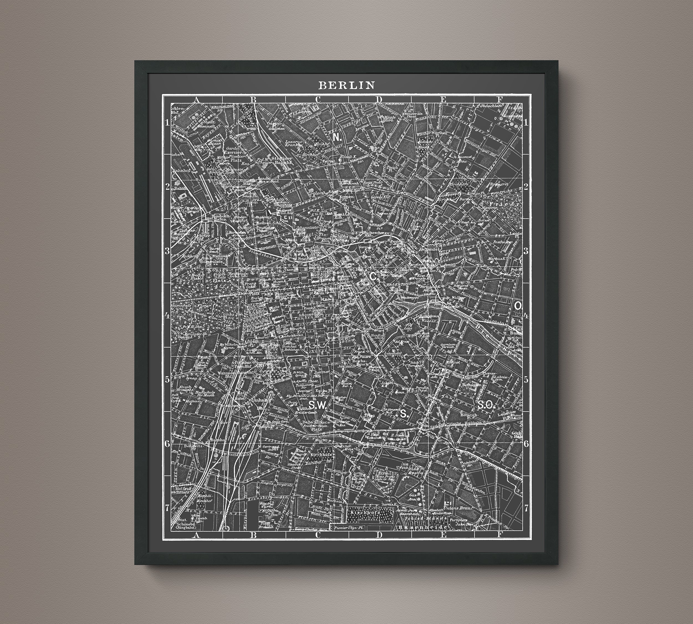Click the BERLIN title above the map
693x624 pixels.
pyautogui.click(x=346, y=85)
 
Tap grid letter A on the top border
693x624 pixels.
pyautogui.click(x=196, y=100)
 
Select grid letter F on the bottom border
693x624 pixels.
pyautogui.click(x=499, y=534)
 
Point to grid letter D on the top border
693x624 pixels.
pyautogui.click(x=379, y=100)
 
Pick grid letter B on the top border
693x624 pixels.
pyautogui.click(x=254, y=100)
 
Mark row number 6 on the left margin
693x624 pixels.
pyautogui.click(x=167, y=444)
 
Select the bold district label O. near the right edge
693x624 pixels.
pyautogui.click(x=518, y=306)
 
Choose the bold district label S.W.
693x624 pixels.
pyautogui.click(x=316, y=405)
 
